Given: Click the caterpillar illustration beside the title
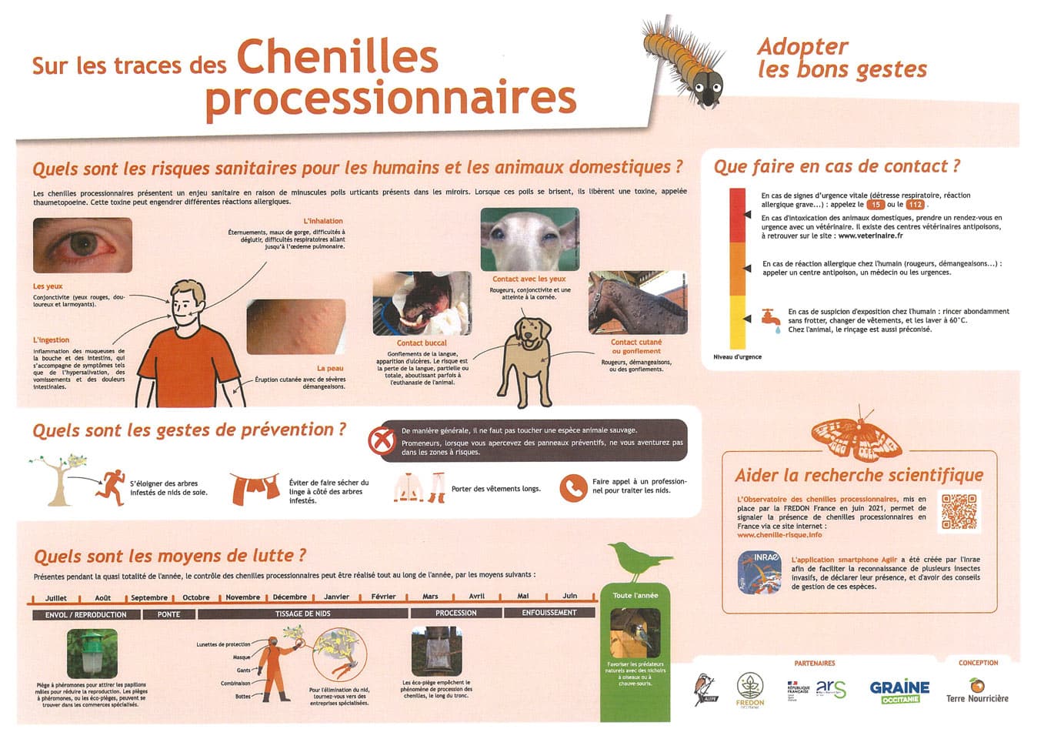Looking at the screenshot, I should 684,62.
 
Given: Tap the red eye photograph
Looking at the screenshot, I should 82,245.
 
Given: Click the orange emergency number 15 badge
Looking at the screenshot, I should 876,205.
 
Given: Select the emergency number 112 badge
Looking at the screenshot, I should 915,205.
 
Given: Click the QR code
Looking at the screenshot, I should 959,511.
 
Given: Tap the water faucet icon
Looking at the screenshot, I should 770,318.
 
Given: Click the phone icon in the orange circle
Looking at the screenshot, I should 573,487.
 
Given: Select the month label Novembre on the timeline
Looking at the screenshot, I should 242,597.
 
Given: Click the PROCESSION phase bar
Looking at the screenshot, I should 455,613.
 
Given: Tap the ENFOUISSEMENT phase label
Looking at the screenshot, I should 549,613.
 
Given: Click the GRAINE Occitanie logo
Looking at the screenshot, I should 899,690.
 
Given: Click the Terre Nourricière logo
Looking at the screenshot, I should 977,691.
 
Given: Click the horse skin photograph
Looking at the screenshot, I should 638,303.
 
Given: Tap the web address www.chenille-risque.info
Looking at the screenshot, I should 779,535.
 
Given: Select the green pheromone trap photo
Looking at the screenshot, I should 92,654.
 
